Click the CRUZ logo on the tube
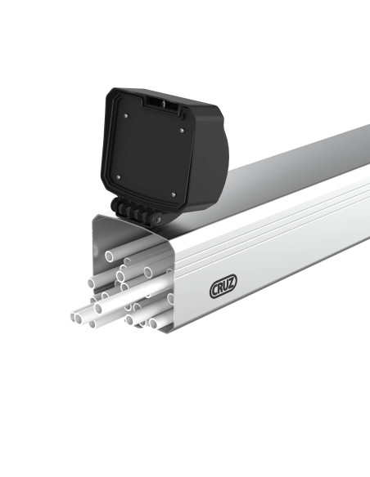point(223,288)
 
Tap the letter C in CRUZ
point(215,290)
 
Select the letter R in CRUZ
point(221,288)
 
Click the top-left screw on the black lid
point(124,116)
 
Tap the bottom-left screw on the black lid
point(118,176)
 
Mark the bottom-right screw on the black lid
point(173,193)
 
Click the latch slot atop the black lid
point(159,104)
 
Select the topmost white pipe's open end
point(110,256)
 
